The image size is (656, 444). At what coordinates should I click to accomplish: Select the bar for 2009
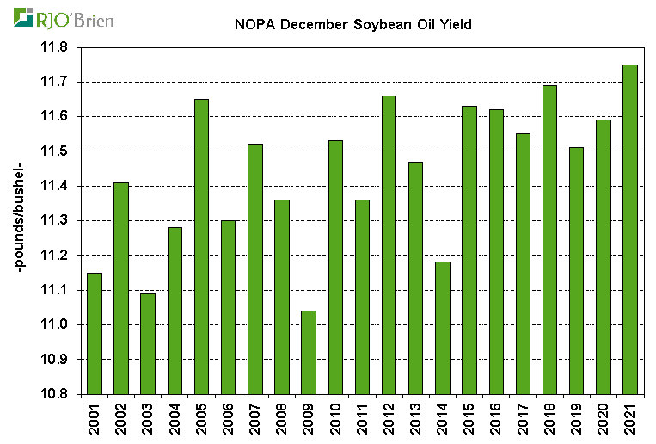pos(308,352)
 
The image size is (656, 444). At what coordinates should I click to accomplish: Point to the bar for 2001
pos(94,333)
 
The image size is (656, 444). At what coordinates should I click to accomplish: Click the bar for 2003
pos(147,343)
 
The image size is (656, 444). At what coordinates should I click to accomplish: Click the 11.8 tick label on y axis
pos(54,47)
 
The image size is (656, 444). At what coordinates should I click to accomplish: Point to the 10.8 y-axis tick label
pos(54,394)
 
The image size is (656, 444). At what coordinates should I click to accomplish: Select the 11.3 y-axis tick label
pos(54,221)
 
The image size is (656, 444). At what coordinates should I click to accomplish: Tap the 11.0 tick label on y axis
pos(54,325)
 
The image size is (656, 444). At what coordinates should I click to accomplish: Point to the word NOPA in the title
pos(254,24)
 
